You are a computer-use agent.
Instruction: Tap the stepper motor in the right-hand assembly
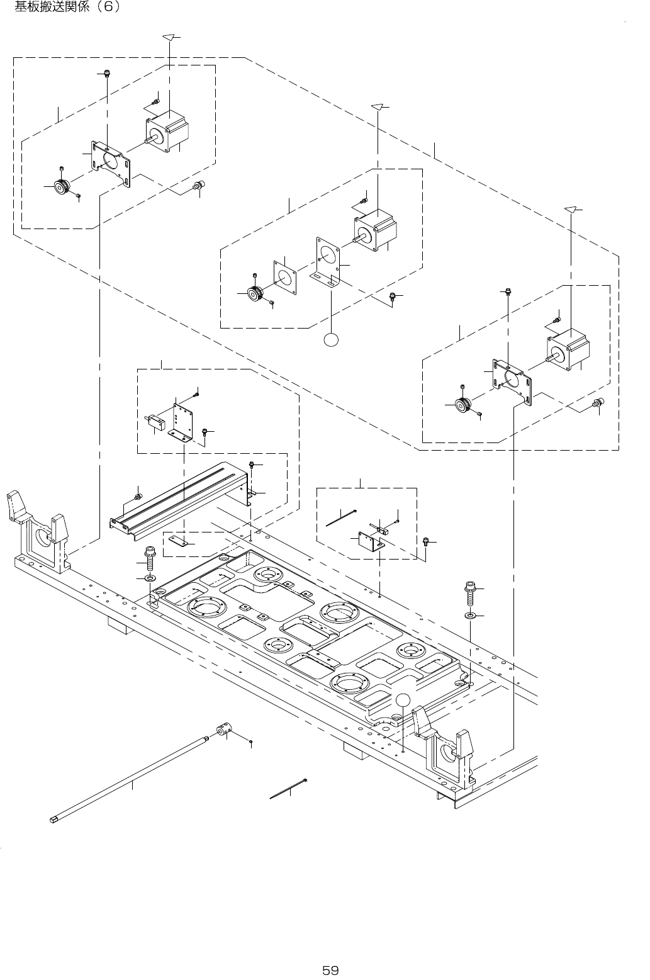click(x=569, y=348)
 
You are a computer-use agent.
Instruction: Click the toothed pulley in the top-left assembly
click(x=62, y=187)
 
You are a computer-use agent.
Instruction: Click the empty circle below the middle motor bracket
click(x=331, y=339)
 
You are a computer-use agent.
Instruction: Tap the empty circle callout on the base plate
click(x=403, y=699)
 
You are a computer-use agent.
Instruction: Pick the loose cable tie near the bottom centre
click(x=288, y=789)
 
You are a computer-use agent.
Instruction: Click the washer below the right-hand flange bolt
click(x=470, y=614)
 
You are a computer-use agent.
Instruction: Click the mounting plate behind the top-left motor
click(x=112, y=162)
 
